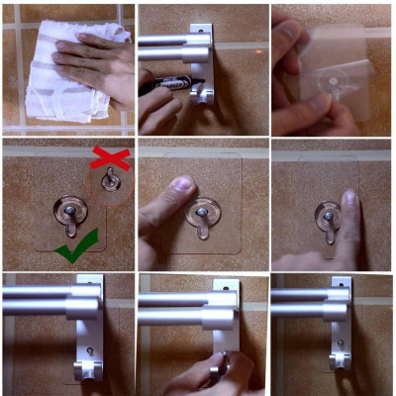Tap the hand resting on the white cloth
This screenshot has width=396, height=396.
[x=99, y=64]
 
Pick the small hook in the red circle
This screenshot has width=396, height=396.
[x=112, y=182]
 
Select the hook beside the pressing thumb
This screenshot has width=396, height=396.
[x=203, y=218]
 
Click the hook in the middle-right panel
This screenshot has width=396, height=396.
[x=328, y=217]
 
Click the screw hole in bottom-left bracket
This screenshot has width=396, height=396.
[x=88, y=350]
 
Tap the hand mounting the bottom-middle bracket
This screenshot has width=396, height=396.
[x=213, y=374]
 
